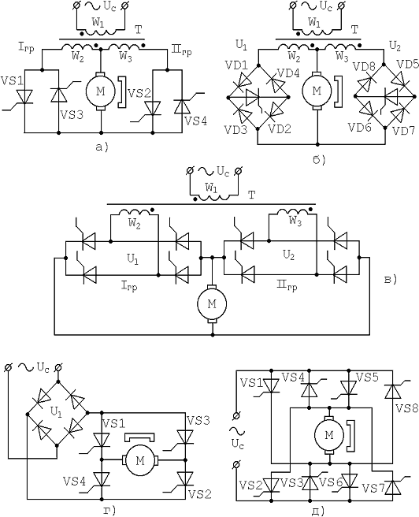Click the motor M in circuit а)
100,91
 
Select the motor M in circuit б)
317,91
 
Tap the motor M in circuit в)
212,304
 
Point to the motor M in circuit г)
140,459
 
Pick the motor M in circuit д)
329,435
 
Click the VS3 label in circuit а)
72,115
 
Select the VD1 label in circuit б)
236,65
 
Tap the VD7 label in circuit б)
404,131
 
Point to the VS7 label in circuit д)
373,488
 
